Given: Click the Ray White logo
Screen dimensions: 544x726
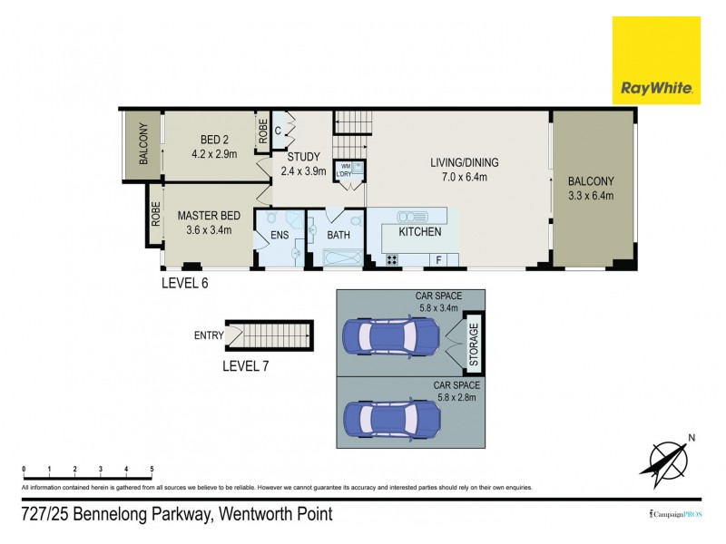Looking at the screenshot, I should coord(657,60).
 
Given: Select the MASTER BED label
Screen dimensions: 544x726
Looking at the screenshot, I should coord(209,215).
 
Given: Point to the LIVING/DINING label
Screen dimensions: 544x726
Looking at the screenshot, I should coord(465,163).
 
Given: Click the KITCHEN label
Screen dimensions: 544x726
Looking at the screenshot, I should coord(420,232).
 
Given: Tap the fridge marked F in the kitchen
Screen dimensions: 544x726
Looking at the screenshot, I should coord(439,260).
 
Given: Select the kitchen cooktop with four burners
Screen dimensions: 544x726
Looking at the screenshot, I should coord(393,259).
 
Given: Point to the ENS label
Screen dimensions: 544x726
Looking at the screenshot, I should coord(280,235).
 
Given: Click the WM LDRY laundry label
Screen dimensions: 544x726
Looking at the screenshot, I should coord(346,170).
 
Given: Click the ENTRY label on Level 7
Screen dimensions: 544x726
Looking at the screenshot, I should coord(209,335).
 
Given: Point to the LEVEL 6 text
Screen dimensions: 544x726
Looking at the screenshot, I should coord(184,282).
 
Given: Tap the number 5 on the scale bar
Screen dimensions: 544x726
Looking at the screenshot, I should coord(152,469).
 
